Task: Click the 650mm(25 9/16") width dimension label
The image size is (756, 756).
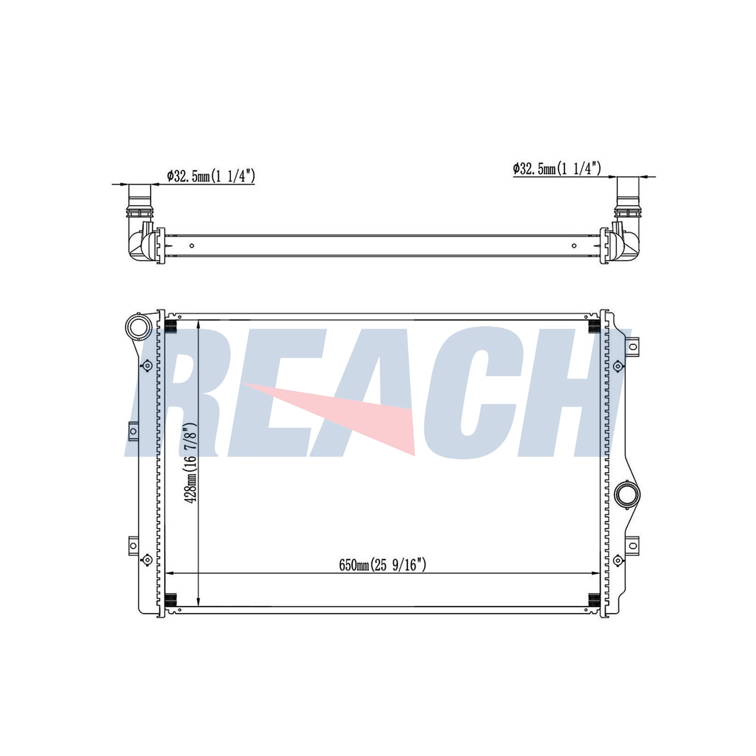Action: click(x=382, y=565)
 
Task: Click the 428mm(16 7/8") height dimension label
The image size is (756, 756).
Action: click(x=191, y=463)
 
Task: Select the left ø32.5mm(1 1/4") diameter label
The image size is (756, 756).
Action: click(x=211, y=176)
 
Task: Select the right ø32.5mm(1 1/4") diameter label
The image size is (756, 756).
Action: click(x=557, y=168)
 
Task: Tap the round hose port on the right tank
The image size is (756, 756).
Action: click(x=627, y=495)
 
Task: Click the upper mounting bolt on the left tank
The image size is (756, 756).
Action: click(x=147, y=366)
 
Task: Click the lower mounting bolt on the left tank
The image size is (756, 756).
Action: click(x=147, y=560)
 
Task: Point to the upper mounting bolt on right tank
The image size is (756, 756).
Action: click(x=618, y=366)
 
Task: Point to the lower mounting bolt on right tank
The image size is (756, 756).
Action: click(x=618, y=560)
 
